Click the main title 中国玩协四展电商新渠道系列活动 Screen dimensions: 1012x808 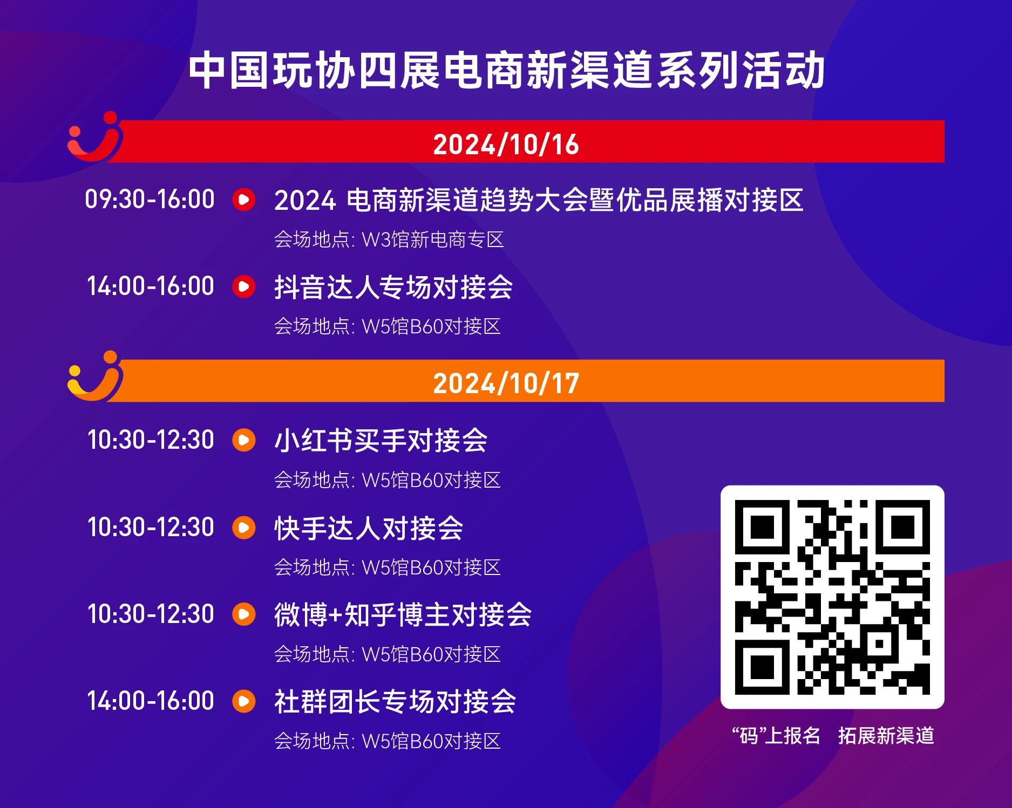pyautogui.click(x=506, y=71)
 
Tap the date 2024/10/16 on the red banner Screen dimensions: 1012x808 pyautogui.click(x=506, y=145)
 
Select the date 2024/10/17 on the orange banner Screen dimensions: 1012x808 pyautogui.click(x=506, y=384)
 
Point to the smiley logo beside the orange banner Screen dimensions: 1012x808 pyautogui.click(x=95, y=376)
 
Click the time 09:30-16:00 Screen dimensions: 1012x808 pyautogui.click(x=150, y=199)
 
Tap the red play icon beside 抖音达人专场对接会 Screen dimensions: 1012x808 pyautogui.click(x=244, y=286)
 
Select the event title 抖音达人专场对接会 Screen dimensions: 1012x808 pyautogui.click(x=393, y=287)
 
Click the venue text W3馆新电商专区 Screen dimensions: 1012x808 pyautogui.click(x=433, y=239)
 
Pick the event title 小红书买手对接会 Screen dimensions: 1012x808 pyautogui.click(x=381, y=440)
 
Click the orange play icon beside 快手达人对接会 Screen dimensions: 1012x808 pyautogui.click(x=244, y=527)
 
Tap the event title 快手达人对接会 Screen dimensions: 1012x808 pyautogui.click(x=369, y=528)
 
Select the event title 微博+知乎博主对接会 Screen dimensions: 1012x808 pyautogui.click(x=403, y=614)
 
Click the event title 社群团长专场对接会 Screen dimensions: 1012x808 pyautogui.click(x=395, y=701)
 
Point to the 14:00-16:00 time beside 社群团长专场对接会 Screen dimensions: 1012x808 pyautogui.click(x=151, y=701)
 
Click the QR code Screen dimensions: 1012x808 pyautogui.click(x=832, y=597)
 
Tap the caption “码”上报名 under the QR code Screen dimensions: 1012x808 pyautogui.click(x=776, y=736)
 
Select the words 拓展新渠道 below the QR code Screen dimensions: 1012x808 pyautogui.click(x=886, y=736)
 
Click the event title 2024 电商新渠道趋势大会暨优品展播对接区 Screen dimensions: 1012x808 pyautogui.click(x=539, y=200)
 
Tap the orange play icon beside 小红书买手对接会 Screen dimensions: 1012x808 pyautogui.click(x=244, y=440)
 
